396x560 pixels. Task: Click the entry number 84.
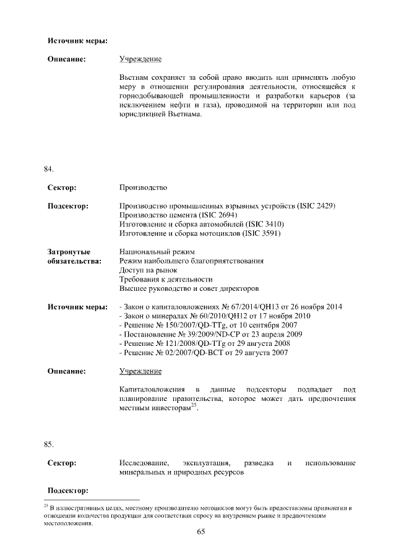click(48, 168)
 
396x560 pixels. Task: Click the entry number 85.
click(48, 444)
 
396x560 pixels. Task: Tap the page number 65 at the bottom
click(200, 532)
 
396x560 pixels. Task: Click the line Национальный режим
click(157, 252)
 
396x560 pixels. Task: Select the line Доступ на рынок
click(148, 270)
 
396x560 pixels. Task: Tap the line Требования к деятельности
click(164, 279)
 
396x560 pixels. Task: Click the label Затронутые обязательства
click(74, 256)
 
